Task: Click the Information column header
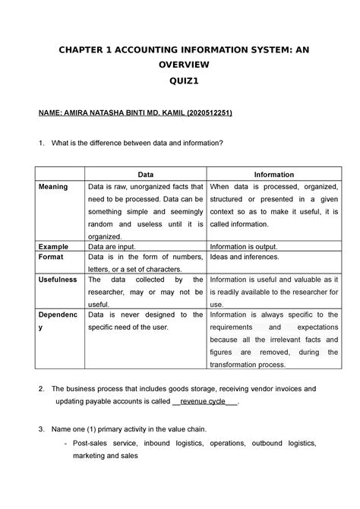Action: pyautogui.click(x=274, y=175)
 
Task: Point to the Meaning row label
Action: pyautogui.click(x=52, y=186)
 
